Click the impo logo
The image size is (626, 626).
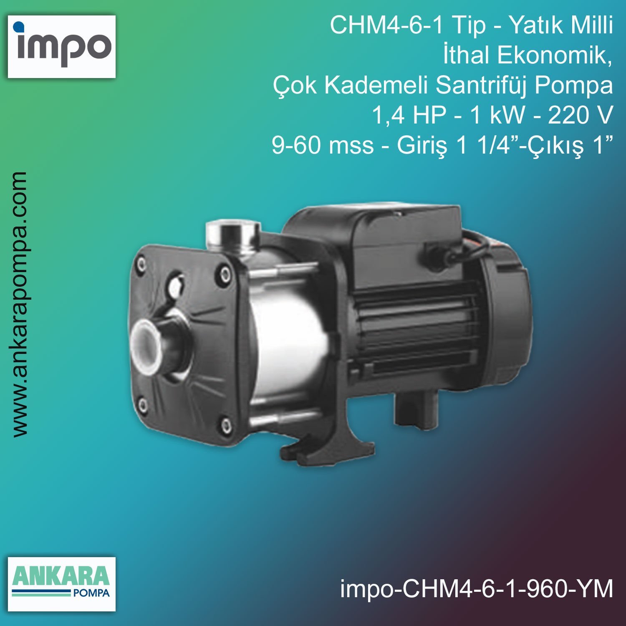(62, 46)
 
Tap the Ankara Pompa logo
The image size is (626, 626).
(62, 583)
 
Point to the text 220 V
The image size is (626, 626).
(580, 115)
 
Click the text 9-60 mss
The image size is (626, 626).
(323, 145)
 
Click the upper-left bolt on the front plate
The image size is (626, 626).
(142, 264)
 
